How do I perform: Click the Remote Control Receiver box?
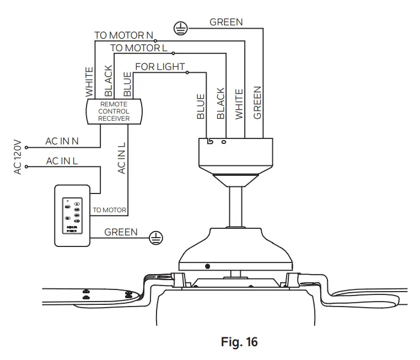pos(114,111)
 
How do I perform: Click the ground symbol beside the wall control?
pos(157,238)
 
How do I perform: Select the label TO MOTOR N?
pos(123,35)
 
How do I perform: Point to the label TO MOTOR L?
pos(138,48)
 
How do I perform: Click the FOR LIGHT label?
pos(160,67)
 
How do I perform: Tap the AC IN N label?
pos(62,141)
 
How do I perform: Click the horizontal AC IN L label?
pos(62,161)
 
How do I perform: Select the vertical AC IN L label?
pos(121,157)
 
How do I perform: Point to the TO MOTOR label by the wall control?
pos(109,210)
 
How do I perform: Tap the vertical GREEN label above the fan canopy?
pos(257,103)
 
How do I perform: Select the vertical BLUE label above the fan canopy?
pos(201,106)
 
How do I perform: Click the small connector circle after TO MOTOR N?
pos(156,41)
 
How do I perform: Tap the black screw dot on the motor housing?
pos(207,267)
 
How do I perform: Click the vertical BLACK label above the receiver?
pos(108,80)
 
